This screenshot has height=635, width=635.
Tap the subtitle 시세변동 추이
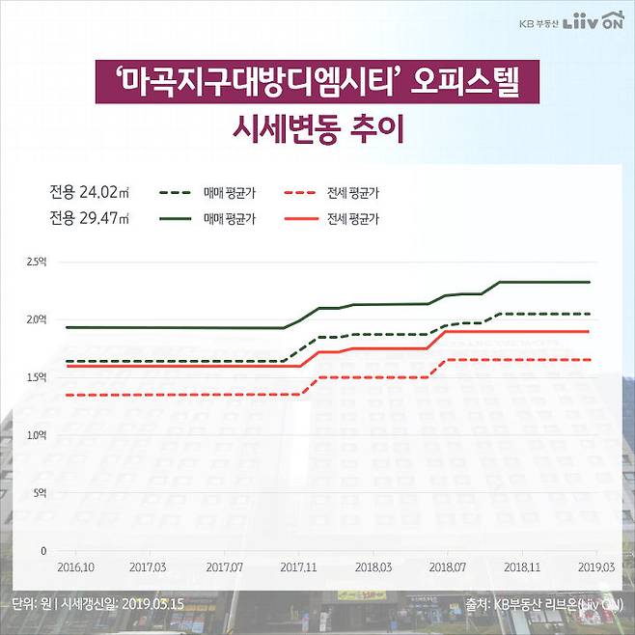[317, 128]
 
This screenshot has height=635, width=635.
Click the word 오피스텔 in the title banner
[465, 83]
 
